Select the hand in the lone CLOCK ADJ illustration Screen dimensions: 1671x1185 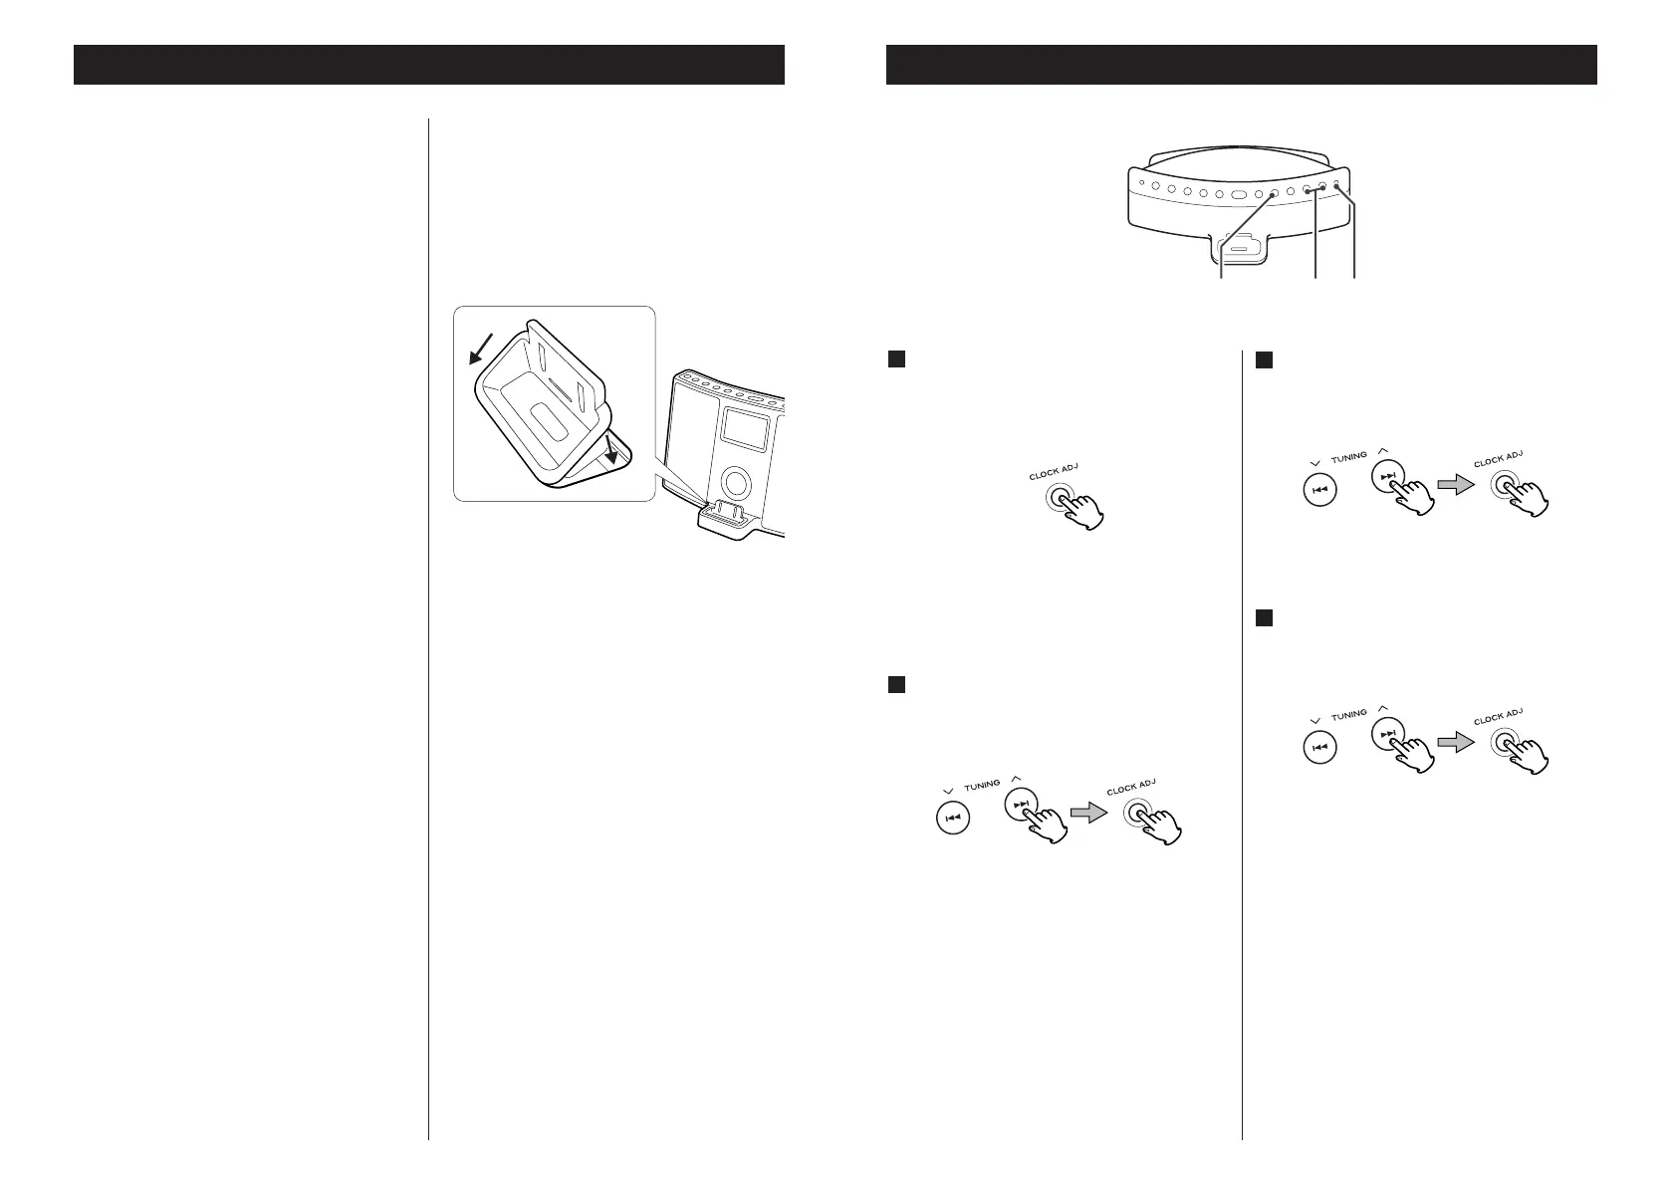tap(1081, 509)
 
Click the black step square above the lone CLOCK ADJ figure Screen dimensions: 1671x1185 tap(895, 359)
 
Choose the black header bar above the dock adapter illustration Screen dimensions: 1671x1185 tap(428, 65)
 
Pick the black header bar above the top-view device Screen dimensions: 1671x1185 tap(1241, 65)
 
